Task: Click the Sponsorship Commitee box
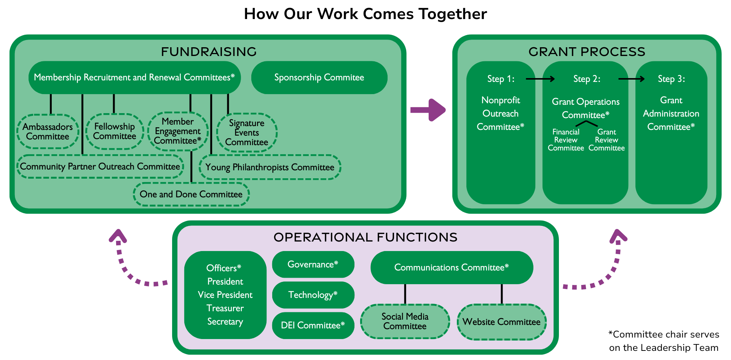(319, 78)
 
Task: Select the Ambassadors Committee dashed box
(48, 131)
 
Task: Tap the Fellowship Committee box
(114, 131)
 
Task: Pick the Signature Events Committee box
(247, 133)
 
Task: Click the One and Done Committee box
(191, 194)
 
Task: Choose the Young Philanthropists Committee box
(270, 167)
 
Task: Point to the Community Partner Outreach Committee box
(100, 166)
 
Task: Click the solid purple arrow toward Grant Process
(428, 110)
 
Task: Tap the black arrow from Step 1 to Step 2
(540, 79)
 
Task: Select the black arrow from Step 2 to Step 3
(631, 79)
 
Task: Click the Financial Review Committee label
(566, 140)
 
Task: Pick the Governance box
(313, 264)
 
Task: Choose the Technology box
(313, 295)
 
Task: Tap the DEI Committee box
(313, 325)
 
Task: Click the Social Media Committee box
(405, 322)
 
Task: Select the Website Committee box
(501, 322)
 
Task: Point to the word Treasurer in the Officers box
(225, 308)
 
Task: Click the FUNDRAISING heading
(209, 52)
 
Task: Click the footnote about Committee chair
(664, 341)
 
